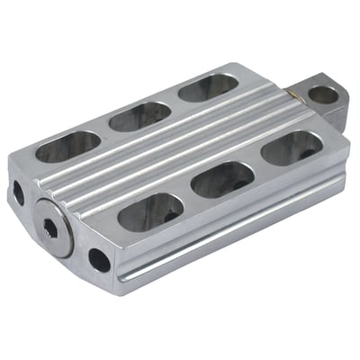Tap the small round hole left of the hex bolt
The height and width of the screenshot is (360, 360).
tap(18, 193)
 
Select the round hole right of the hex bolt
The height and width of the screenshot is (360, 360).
tap(99, 261)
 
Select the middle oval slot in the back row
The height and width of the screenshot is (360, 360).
tap(139, 114)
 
